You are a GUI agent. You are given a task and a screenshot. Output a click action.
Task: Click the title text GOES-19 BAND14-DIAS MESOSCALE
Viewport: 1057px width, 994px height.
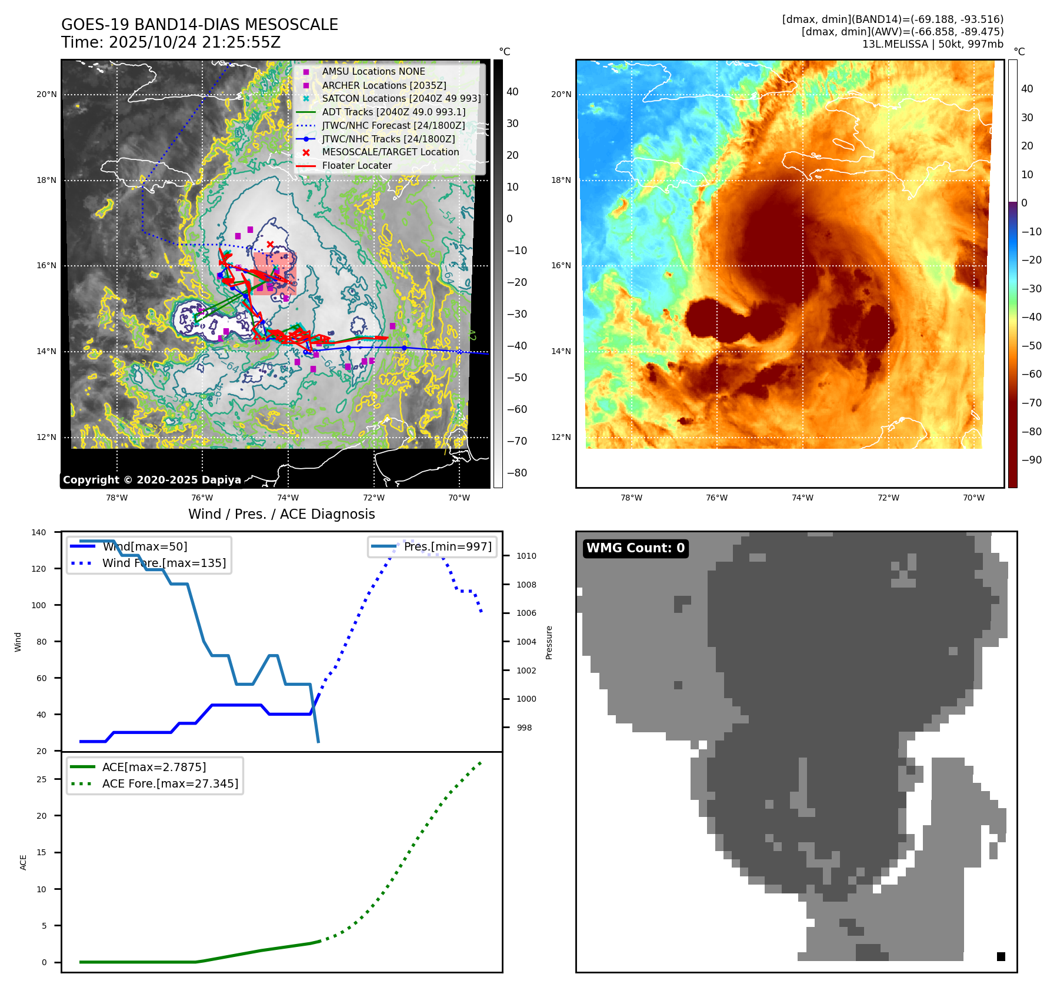point(199,25)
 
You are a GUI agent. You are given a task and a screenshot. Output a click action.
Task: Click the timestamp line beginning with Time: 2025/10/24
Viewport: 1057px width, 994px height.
point(171,42)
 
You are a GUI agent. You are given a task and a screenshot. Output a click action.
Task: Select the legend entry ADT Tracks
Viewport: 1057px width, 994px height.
point(394,112)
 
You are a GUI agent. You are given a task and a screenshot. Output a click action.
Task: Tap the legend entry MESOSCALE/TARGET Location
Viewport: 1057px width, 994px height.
point(391,152)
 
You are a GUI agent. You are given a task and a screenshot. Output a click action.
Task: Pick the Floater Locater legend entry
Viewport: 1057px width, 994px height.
point(356,165)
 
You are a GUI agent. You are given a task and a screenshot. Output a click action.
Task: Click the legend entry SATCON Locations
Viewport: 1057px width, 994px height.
point(401,98)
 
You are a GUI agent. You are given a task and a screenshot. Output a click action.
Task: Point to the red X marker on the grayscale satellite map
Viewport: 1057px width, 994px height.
point(270,244)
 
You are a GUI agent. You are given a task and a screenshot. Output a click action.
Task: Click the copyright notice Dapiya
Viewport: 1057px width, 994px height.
point(152,479)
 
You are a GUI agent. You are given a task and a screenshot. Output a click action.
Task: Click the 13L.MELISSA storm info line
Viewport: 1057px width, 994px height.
point(932,44)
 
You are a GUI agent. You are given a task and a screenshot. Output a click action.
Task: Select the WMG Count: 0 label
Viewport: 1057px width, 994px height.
point(635,548)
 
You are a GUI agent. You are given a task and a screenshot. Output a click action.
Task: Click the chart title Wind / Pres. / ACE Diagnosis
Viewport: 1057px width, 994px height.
point(281,514)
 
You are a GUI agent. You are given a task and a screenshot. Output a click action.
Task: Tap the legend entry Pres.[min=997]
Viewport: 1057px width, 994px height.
point(448,546)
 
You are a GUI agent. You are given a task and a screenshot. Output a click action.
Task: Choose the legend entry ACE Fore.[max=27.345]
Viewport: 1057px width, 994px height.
point(170,783)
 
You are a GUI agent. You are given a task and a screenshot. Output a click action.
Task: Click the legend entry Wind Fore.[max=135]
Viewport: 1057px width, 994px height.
point(164,563)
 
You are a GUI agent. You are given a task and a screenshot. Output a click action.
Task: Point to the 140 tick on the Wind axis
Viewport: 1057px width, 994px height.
point(39,532)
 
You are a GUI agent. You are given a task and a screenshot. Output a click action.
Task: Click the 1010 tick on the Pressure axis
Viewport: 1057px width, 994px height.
point(526,556)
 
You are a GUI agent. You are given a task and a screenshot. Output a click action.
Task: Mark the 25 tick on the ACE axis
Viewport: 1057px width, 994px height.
point(41,779)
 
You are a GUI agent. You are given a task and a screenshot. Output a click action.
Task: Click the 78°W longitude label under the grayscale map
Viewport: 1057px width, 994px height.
point(116,498)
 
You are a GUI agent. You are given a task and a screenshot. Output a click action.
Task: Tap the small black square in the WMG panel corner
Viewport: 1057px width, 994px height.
point(1001,956)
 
